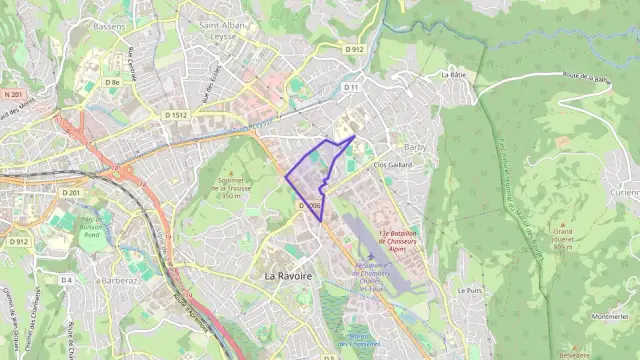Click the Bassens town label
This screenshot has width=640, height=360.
point(108,26)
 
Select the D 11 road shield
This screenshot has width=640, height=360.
point(351,87)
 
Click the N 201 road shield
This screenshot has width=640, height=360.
point(13,94)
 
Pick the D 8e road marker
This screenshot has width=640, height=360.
point(114,81)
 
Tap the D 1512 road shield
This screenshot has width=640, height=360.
point(176,115)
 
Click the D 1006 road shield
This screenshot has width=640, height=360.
point(309,206)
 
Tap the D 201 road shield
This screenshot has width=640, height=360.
point(70,192)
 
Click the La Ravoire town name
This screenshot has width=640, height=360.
point(288,275)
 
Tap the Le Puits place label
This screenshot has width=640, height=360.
point(469,290)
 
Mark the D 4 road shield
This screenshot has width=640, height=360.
point(66,280)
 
